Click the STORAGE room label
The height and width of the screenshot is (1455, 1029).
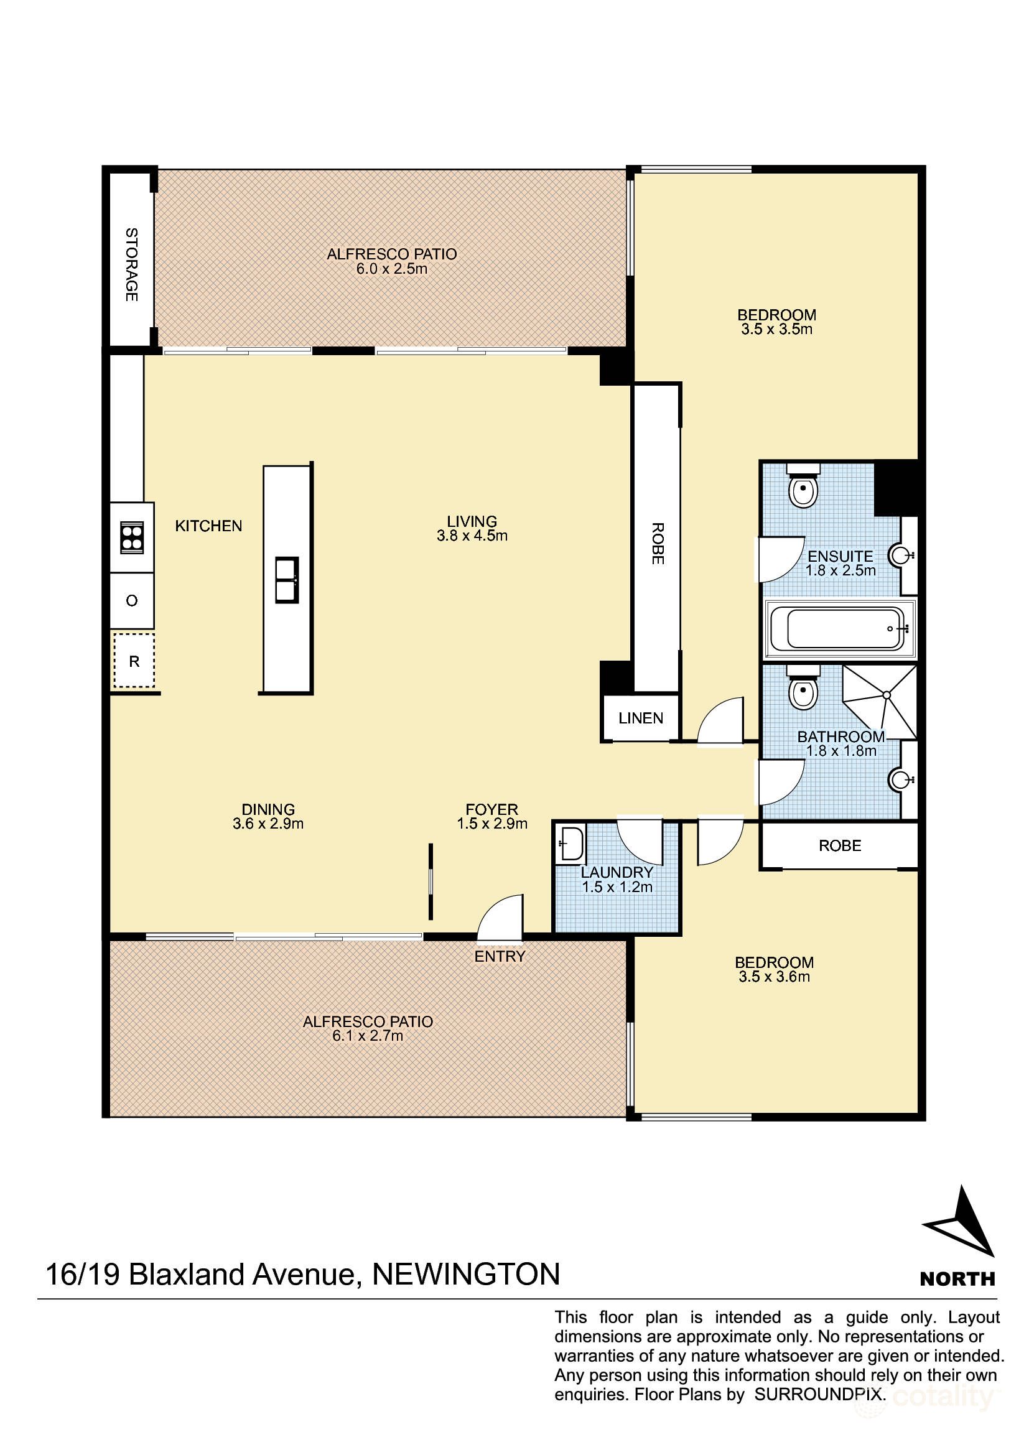tap(132, 264)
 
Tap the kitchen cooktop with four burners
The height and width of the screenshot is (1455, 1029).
tap(132, 537)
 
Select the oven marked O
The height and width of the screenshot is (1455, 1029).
tap(132, 600)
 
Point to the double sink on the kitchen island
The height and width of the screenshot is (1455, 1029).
tap(286, 579)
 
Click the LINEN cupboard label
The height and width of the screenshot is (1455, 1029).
tap(641, 718)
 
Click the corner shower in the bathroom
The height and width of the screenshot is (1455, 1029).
tap(880, 702)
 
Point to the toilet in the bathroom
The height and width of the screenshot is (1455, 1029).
tap(803, 687)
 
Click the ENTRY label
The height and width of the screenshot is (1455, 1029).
tap(500, 956)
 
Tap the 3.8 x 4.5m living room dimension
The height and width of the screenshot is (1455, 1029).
tap(472, 536)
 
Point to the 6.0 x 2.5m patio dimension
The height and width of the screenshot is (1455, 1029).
tap(391, 269)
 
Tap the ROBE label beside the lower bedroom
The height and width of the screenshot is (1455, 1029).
tap(840, 846)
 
